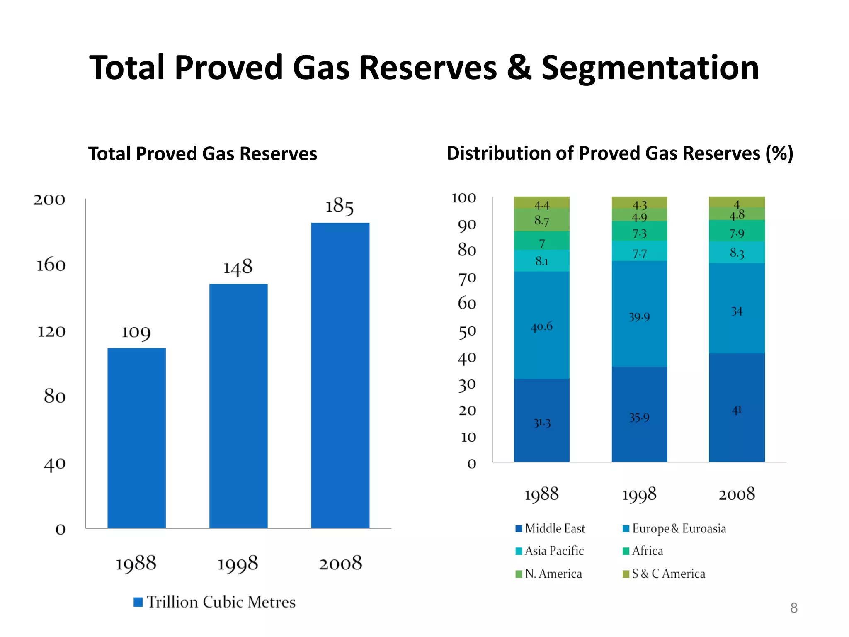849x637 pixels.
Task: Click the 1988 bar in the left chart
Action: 136,438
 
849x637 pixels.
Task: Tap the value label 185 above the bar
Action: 339,206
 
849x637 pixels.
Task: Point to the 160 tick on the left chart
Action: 51,265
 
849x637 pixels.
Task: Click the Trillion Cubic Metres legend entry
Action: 214,602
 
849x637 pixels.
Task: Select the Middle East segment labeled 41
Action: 737,407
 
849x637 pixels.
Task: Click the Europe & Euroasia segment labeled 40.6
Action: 541,325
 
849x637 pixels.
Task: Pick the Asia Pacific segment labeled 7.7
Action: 639,251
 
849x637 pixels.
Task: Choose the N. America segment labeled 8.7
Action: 541,220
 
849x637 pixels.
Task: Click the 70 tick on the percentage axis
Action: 467,278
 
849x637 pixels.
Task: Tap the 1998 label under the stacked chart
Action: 639,494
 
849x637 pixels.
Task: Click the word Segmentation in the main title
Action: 650,68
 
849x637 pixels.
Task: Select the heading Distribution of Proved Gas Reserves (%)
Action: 620,153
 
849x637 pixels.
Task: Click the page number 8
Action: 793,608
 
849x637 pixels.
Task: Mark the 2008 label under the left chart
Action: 340,563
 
